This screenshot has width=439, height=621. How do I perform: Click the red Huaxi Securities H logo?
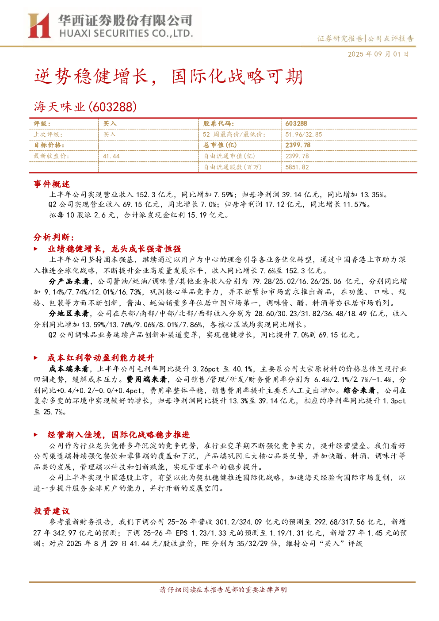39,26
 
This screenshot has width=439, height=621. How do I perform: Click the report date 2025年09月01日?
378,54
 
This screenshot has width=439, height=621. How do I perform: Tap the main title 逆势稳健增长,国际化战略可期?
168,77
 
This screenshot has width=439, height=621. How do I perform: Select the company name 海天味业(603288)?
85,107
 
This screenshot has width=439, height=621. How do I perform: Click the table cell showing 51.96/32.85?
303,134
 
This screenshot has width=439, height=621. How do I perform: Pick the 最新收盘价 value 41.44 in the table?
111,157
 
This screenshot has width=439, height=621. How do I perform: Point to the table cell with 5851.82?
297,167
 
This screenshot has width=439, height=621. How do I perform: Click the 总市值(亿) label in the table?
220,145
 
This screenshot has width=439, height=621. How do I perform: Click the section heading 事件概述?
52,184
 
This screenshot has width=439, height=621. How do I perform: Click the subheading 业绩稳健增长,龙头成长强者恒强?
114,249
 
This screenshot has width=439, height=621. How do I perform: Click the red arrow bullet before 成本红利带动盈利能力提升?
36,358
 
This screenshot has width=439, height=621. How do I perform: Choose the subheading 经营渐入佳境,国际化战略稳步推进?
118,434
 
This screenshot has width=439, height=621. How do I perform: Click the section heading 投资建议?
52,511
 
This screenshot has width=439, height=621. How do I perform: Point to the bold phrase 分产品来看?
69,281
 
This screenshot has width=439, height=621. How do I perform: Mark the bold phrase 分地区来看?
69,314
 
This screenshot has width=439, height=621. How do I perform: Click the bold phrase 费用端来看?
147,379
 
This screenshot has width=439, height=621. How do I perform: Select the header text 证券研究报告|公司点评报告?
365,38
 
